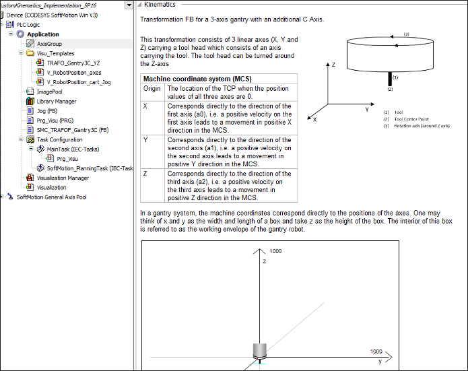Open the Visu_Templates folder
(x=55, y=53)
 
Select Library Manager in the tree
(x=56, y=101)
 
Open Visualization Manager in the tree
(x=63, y=178)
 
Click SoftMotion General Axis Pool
(x=51, y=197)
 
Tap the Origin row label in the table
(x=152, y=88)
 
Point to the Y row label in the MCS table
(x=145, y=139)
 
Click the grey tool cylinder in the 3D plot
(x=260, y=350)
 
